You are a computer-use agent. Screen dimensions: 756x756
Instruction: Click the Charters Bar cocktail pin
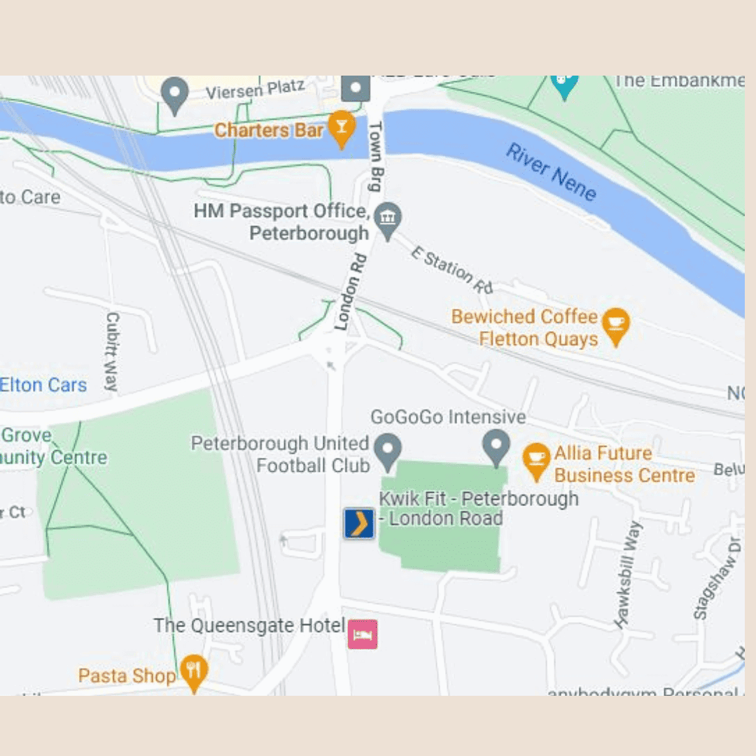pos(341,128)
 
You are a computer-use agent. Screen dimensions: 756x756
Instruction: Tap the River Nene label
pos(551,172)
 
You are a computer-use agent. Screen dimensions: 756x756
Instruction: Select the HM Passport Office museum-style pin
pos(387,220)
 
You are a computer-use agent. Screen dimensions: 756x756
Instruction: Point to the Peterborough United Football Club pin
pos(387,451)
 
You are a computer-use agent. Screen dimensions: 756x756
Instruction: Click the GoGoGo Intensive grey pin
pos(496,447)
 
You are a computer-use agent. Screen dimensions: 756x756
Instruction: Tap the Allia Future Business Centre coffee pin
pos(536,461)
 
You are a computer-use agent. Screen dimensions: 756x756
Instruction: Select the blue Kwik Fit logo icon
pos(359,524)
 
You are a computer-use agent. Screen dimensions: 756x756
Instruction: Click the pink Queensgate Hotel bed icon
pos(363,634)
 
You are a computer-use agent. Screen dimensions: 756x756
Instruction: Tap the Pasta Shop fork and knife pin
pos(193,671)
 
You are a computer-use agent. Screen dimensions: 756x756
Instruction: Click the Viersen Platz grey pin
pos(175,94)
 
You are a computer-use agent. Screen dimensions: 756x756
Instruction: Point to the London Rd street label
pos(347,301)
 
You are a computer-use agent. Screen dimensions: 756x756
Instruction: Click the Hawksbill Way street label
pos(628,574)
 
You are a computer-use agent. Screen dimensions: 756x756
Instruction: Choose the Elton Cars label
pos(43,385)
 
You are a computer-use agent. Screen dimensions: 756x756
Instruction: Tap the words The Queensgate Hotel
pos(249,625)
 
